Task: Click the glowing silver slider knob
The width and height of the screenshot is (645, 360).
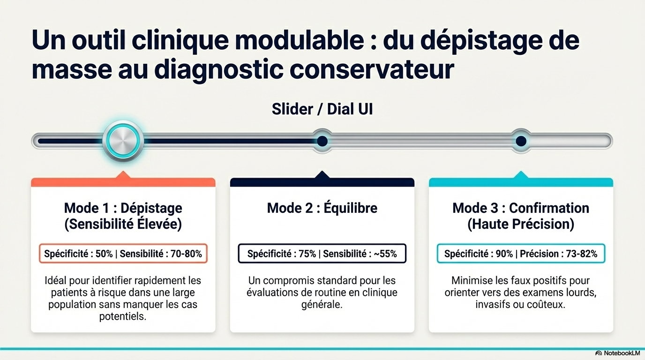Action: pyautogui.click(x=123, y=141)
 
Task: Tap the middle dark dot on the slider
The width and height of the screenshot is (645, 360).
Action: pyautogui.click(x=322, y=141)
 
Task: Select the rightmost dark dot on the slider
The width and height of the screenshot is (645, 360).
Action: pyautogui.click(x=521, y=141)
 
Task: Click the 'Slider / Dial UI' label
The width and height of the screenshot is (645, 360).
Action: pyautogui.click(x=322, y=109)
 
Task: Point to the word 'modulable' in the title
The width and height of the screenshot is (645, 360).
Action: pyautogui.click(x=300, y=40)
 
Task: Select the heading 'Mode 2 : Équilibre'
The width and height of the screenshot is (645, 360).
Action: pyautogui.click(x=322, y=208)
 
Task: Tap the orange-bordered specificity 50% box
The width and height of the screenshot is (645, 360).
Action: pyautogui.click(x=123, y=254)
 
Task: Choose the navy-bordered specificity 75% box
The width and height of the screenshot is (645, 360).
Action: pyautogui.click(x=322, y=254)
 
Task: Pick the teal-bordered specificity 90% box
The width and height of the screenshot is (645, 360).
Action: pyautogui.click(x=521, y=254)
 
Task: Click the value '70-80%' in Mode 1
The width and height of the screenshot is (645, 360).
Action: pyautogui.click(x=186, y=254)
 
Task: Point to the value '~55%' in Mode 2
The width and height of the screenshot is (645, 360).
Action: pyautogui.click(x=385, y=254)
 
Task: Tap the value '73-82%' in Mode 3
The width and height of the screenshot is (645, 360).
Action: pyautogui.click(x=582, y=254)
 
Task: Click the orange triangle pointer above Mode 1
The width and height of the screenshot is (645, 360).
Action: pyautogui.click(x=123, y=175)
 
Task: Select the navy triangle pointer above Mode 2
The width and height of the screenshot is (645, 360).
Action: pyautogui.click(x=322, y=175)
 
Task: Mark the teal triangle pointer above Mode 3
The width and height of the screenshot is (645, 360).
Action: pyautogui.click(x=521, y=175)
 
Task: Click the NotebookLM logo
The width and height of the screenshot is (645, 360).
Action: pyautogui.click(x=618, y=353)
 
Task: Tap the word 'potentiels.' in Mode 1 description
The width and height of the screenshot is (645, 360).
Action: pyautogui.click(x=123, y=316)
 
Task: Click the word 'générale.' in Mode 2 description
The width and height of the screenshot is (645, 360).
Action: pyautogui.click(x=322, y=304)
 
